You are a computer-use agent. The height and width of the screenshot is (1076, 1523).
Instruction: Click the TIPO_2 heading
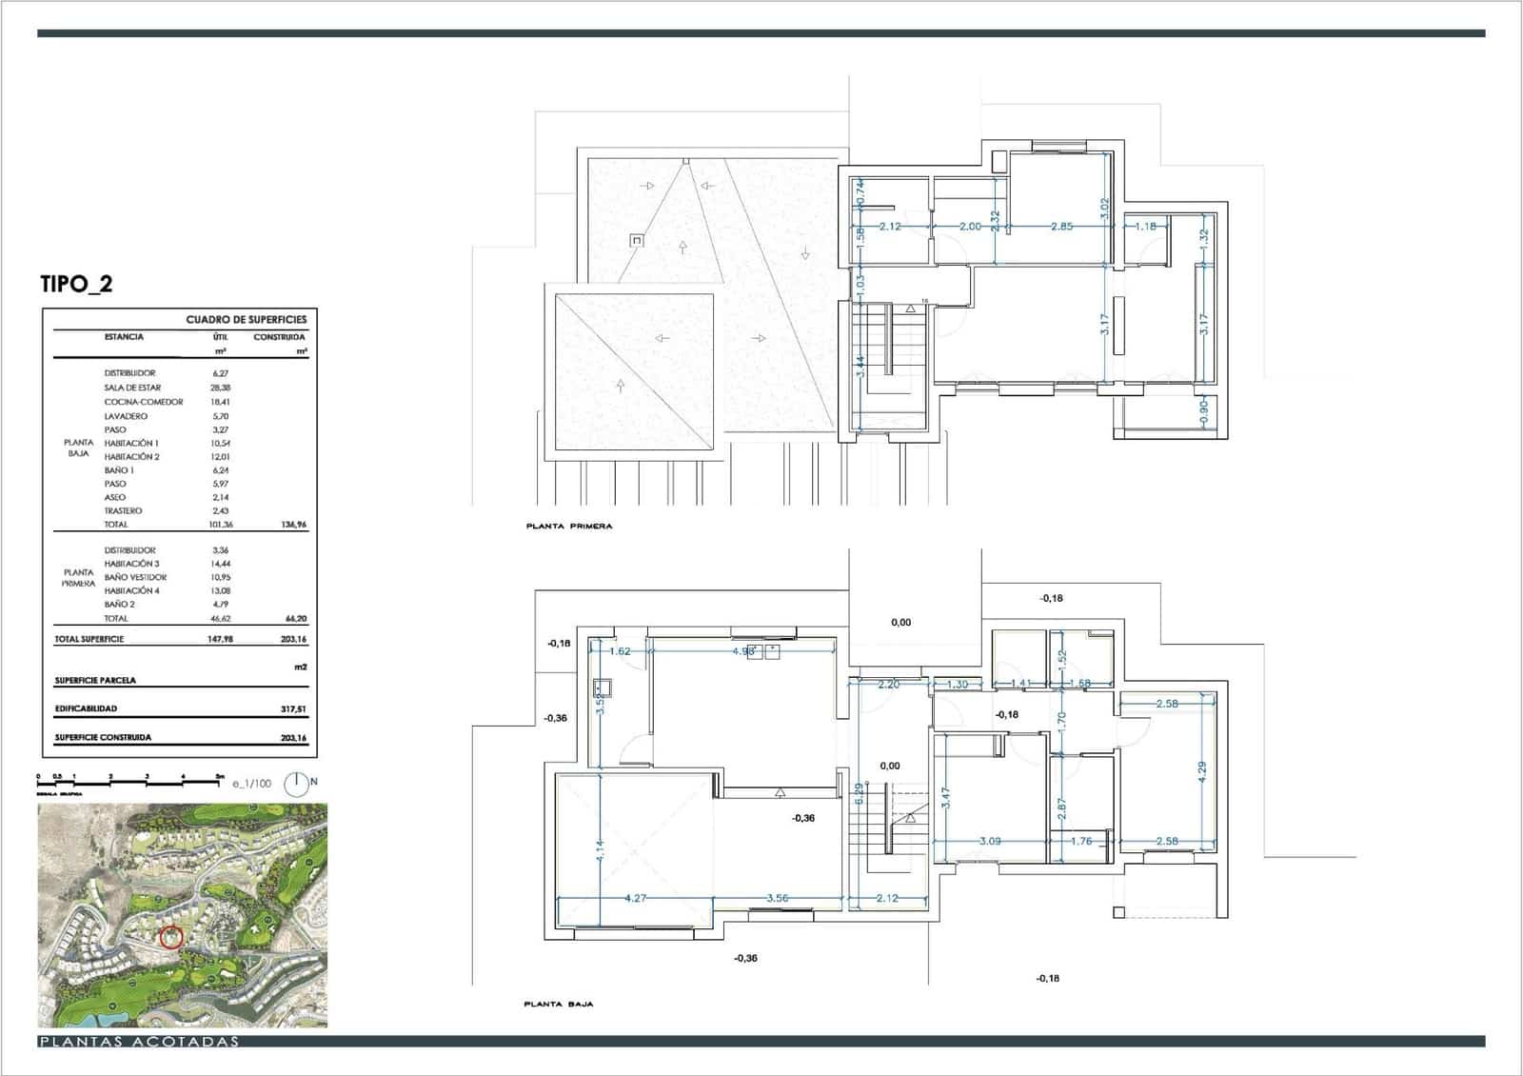tap(76, 284)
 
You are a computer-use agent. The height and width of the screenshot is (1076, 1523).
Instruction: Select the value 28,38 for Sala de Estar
tap(220, 388)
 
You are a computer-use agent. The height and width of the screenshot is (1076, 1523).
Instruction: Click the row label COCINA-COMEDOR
tap(144, 402)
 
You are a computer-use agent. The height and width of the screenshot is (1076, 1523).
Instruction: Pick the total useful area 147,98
tap(220, 639)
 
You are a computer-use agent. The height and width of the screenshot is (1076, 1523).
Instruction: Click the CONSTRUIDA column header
tap(279, 337)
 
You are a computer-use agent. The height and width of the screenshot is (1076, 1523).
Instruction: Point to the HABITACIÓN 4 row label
tap(132, 590)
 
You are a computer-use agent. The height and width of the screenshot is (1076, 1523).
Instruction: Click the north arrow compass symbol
tap(296, 785)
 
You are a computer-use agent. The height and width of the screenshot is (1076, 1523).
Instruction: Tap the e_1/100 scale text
tap(251, 784)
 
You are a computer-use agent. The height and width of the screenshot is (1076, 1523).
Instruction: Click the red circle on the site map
tap(171, 937)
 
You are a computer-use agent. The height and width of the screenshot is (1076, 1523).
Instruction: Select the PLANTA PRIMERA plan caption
tap(569, 526)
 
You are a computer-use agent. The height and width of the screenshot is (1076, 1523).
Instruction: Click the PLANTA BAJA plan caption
tap(559, 1004)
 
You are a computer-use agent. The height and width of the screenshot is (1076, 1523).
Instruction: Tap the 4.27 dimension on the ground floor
tap(635, 898)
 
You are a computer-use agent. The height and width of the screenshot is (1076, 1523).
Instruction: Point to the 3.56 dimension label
tap(778, 898)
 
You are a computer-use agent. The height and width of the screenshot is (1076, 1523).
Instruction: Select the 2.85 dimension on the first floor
tap(1061, 227)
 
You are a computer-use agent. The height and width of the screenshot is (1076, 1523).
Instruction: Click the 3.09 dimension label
tap(990, 841)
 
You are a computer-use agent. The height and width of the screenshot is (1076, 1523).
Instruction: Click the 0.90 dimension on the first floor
tap(1203, 410)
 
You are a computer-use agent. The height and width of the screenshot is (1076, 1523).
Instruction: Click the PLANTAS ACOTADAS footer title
tap(139, 1042)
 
